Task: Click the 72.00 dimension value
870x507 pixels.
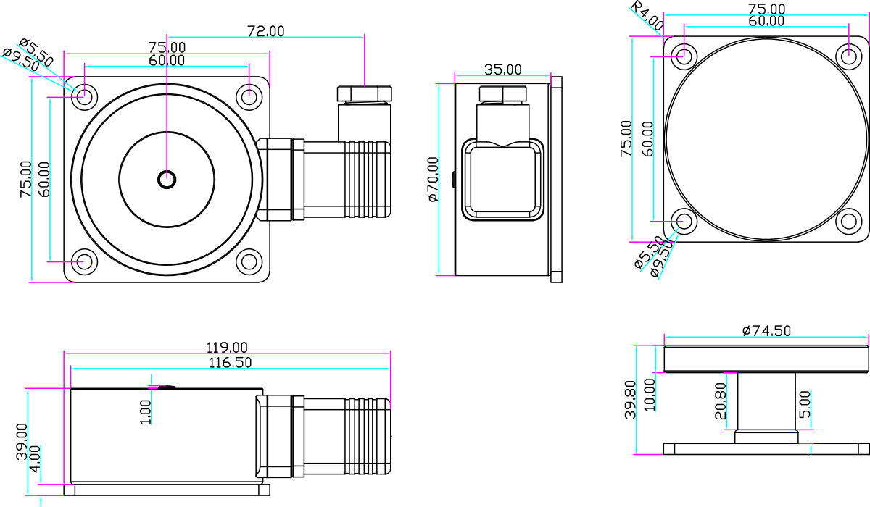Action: [266, 31]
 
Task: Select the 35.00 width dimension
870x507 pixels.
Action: [503, 70]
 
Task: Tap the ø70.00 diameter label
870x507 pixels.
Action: [433, 179]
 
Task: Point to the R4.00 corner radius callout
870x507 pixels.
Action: [647, 16]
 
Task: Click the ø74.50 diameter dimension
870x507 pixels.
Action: [766, 331]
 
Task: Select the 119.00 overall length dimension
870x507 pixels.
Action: [227, 347]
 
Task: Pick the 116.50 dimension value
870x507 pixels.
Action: [231, 363]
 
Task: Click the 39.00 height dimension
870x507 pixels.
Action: [22, 441]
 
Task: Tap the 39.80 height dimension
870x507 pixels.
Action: [630, 400]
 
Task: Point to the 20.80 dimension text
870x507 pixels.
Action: [721, 401]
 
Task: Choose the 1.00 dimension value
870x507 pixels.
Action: [145, 412]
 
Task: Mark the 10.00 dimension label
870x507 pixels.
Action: [650, 395]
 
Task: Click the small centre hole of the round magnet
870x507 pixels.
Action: [167, 180]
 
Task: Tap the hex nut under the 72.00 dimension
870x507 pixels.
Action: [364, 94]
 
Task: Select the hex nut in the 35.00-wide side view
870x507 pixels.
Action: [503, 94]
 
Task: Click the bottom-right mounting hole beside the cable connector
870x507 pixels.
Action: [249, 262]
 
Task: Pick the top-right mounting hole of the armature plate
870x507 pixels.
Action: [849, 56]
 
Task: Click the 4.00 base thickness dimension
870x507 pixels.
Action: [35, 459]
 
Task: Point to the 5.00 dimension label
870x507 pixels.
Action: [805, 404]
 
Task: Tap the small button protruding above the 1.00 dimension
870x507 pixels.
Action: [167, 387]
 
